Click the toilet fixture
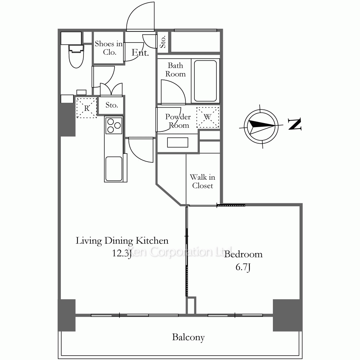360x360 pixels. [76, 56]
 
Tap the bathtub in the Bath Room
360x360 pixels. [206, 81]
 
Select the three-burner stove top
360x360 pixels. [114, 126]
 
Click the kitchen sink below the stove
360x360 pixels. [114, 169]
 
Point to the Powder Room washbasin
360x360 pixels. [178, 142]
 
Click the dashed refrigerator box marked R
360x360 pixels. [86, 108]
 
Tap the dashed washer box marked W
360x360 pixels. [208, 117]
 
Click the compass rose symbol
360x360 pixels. [261, 126]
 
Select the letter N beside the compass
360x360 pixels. [294, 124]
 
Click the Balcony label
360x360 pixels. [188, 337]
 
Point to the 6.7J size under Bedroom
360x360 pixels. [243, 267]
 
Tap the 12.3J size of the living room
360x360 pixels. [122, 253]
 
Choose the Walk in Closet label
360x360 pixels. [202, 181]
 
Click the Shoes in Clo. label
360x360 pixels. [109, 48]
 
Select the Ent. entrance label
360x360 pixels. [140, 53]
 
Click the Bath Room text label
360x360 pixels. [175, 70]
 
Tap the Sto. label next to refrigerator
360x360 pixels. [112, 105]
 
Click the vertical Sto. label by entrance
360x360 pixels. [163, 42]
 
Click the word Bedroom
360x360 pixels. [243, 254]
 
